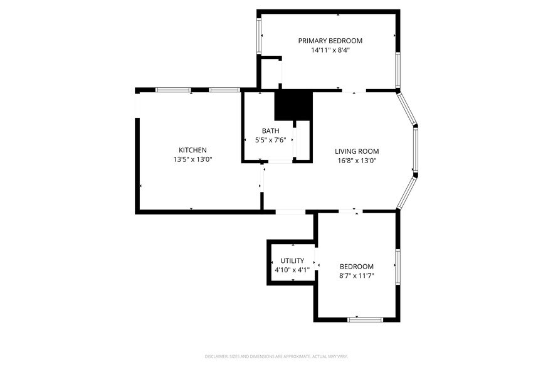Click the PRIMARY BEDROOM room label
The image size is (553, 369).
coord(330,41)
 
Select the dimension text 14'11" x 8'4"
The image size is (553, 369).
coord(330,50)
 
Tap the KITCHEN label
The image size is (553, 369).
coord(192,150)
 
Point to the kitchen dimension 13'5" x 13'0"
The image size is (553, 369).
coord(192,159)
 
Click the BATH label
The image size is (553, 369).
coord(271,131)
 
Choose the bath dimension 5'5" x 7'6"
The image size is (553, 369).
coord(271,140)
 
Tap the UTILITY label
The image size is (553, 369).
coord(292,260)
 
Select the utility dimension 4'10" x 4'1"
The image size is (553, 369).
coord(292,270)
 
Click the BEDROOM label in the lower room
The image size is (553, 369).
coord(356,266)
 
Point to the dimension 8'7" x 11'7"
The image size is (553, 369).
coord(356,275)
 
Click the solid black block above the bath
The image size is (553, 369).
coord(293,105)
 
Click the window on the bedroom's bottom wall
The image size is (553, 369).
coord(365,319)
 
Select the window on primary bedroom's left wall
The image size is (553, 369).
coord(259,35)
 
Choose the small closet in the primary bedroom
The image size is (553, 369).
coord(271,73)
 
